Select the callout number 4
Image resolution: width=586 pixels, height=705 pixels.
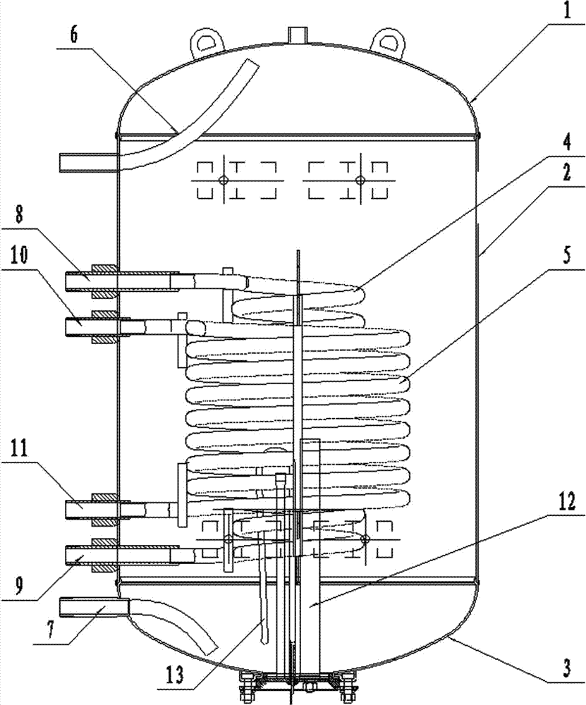[x=567, y=142]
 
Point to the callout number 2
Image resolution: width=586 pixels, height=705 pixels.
[x=567, y=172]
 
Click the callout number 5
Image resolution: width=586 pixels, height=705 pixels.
[x=567, y=256]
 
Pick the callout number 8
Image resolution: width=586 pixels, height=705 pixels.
[x=19, y=215]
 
